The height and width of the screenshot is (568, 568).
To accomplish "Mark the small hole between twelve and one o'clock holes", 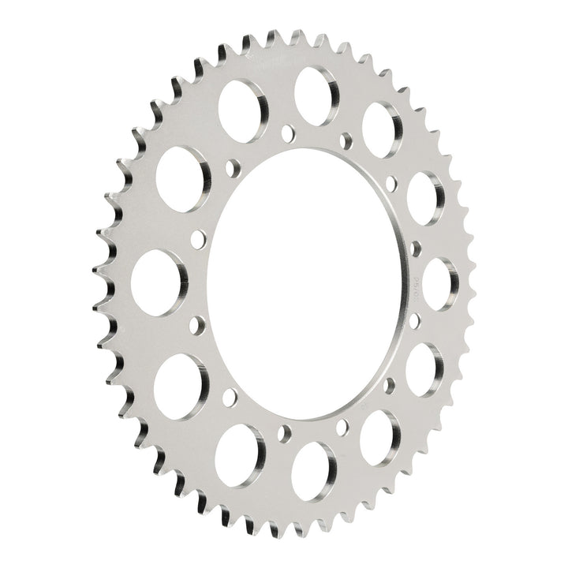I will click(345, 142).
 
